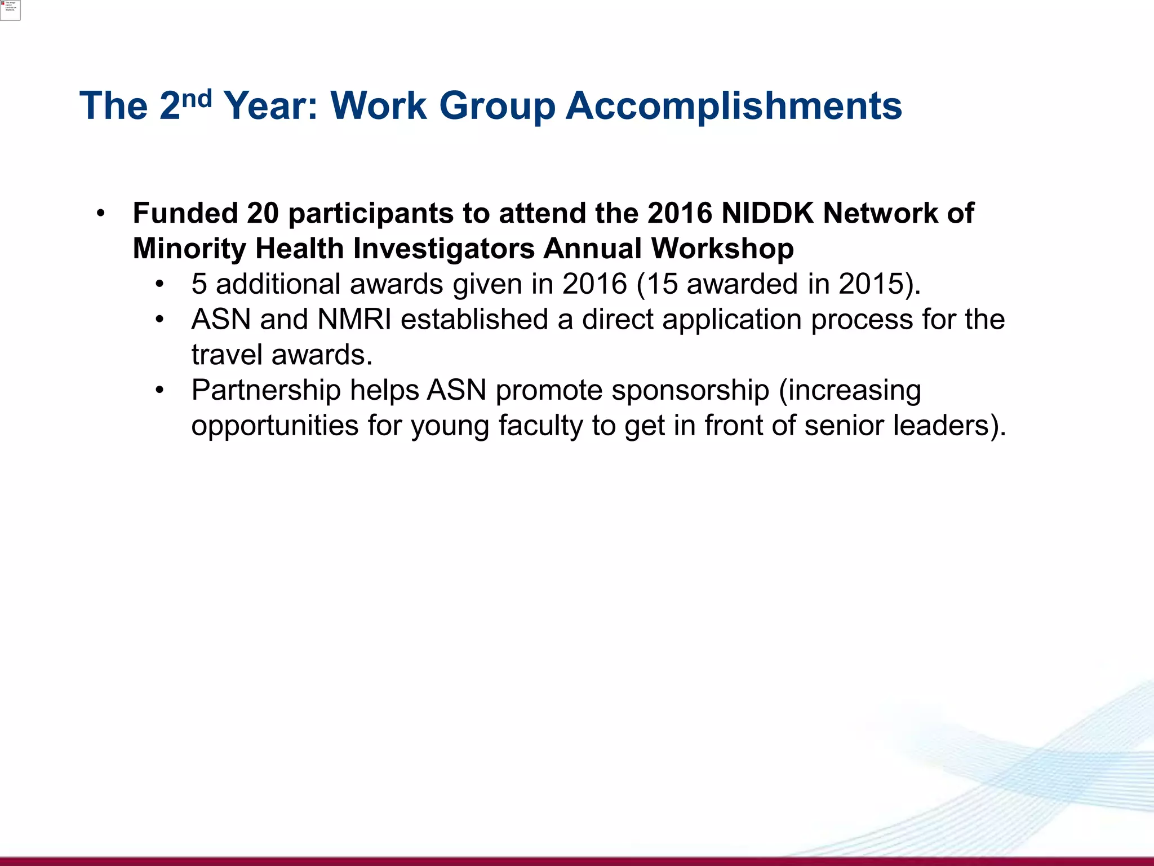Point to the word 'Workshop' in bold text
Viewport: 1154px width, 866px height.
click(722, 249)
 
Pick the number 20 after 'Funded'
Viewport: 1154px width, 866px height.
click(263, 214)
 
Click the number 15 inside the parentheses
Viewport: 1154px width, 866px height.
click(662, 284)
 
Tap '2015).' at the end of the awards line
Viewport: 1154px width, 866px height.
click(880, 284)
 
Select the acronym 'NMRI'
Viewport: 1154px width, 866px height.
click(354, 320)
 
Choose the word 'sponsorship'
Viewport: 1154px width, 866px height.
click(690, 390)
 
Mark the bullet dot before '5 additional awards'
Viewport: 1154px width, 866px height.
click(160, 285)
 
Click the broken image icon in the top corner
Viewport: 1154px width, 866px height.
click(10, 10)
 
